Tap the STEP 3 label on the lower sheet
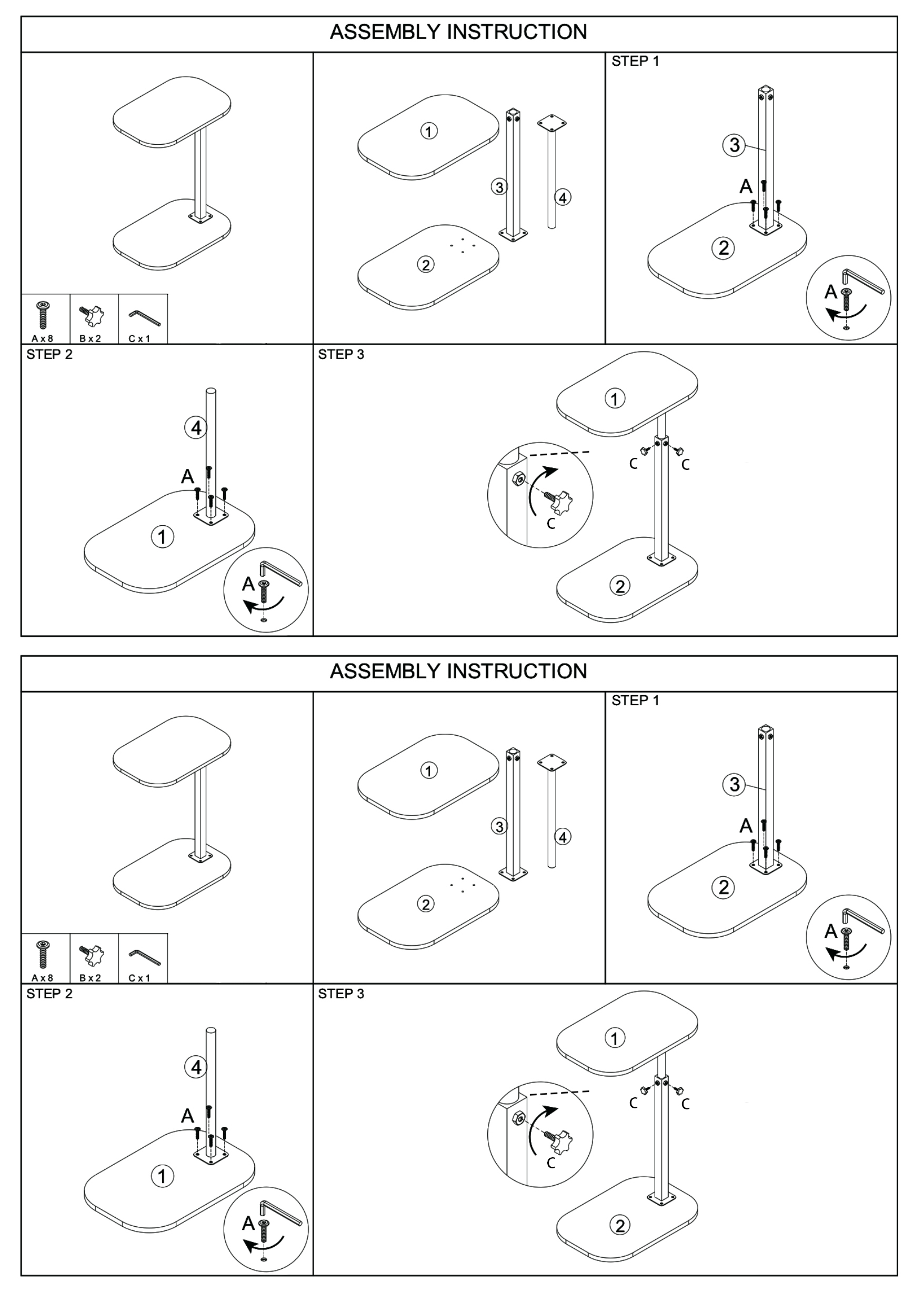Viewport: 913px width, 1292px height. [341, 994]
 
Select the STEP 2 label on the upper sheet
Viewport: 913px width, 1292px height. [49, 355]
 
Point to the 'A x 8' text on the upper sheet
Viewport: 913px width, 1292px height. [43, 339]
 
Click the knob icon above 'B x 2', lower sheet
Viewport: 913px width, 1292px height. [91, 954]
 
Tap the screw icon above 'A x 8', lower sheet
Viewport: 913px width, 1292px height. [43, 954]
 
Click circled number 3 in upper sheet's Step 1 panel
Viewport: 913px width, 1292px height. [734, 145]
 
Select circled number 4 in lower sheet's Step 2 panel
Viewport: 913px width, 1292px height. [196, 1067]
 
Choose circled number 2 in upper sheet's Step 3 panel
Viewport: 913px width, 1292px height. [620, 586]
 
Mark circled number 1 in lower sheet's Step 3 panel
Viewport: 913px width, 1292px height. [614, 1038]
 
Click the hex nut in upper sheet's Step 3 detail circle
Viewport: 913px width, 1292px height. [519, 478]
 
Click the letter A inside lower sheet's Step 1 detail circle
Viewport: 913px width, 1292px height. [831, 932]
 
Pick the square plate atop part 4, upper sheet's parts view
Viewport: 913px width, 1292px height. [551, 123]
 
